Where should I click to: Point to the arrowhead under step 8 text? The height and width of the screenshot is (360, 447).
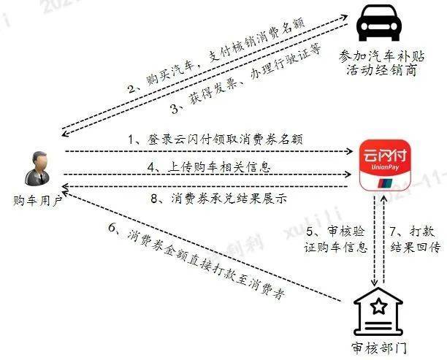(65, 188)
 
